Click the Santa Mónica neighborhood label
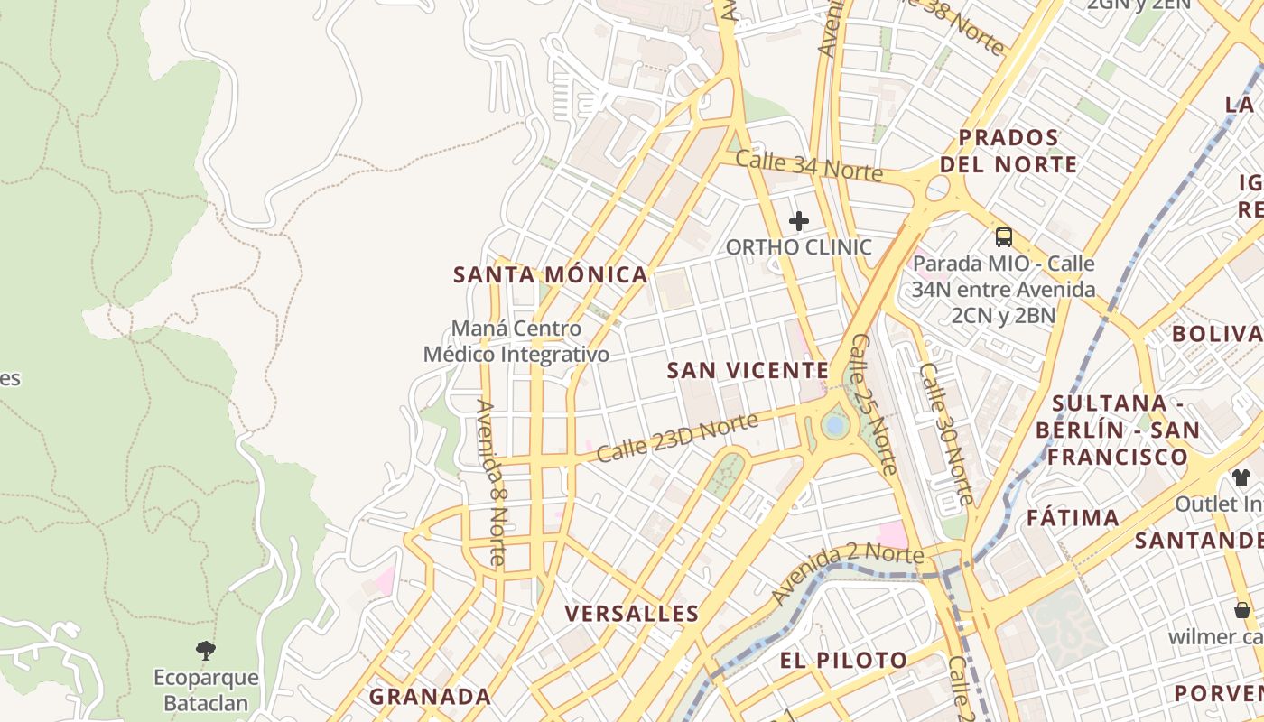tap(550, 275)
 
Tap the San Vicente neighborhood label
tap(748, 370)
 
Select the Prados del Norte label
tap(1008, 152)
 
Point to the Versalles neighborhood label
tap(632, 614)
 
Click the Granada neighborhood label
tap(430, 697)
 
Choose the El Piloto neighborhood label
tap(843, 660)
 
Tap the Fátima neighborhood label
tap(1073, 518)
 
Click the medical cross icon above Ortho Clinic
tap(799, 221)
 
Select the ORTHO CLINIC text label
tap(799, 247)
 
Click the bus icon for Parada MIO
tap(1004, 237)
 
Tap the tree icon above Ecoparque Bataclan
tap(206, 651)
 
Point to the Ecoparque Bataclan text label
tap(206, 690)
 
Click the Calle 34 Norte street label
tap(808, 166)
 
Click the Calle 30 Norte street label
tap(946, 433)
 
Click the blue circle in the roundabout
tap(835, 424)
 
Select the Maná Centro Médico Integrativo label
tap(516, 342)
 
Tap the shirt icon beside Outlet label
tap(1241, 477)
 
